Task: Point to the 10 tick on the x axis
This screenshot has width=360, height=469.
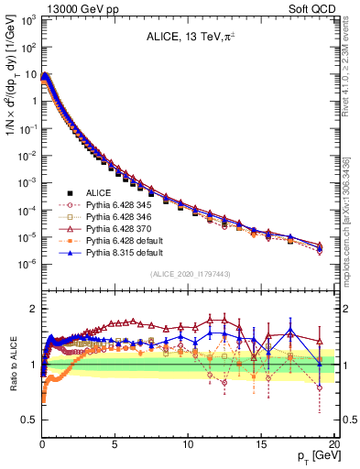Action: click(x=188, y=438)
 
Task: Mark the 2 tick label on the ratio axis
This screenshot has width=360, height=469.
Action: click(x=32, y=309)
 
